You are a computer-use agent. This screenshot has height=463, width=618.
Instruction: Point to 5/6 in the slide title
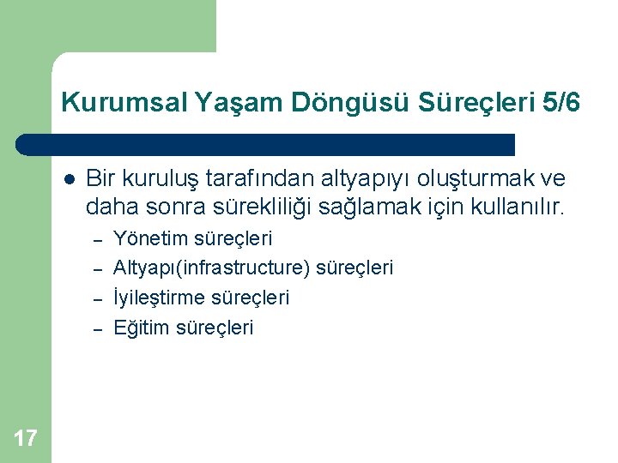562,104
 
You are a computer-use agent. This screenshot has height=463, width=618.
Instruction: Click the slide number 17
26,439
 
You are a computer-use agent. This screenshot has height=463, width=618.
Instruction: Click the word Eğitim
142,328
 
